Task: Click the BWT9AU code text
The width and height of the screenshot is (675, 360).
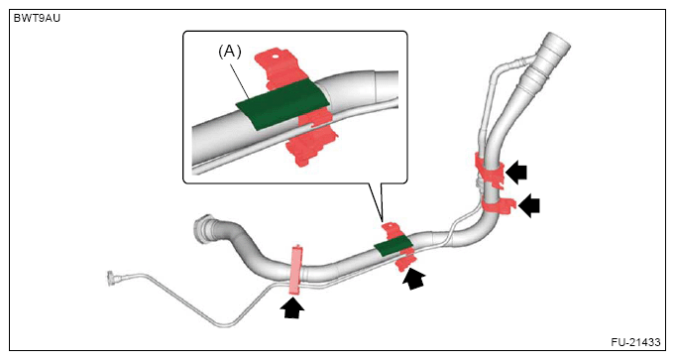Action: tap(37, 19)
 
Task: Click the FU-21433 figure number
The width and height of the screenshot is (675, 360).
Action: tap(635, 342)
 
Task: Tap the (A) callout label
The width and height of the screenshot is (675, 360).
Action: tap(230, 52)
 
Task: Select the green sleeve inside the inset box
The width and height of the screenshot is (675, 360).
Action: tap(282, 104)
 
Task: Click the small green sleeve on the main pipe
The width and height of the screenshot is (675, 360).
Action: tap(394, 246)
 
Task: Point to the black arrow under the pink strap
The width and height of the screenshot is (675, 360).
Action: tap(291, 307)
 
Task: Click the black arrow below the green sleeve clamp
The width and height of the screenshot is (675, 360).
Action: tap(413, 278)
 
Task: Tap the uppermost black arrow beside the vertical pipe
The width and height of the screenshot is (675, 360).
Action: tap(516, 173)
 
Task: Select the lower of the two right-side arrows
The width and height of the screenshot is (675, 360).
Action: tap(528, 205)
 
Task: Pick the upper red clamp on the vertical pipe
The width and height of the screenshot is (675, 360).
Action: tap(490, 171)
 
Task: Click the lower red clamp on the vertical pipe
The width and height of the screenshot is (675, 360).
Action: tap(498, 205)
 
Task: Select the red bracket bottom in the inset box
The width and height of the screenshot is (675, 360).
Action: tap(311, 141)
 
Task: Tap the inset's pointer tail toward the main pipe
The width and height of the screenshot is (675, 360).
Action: tap(376, 201)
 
